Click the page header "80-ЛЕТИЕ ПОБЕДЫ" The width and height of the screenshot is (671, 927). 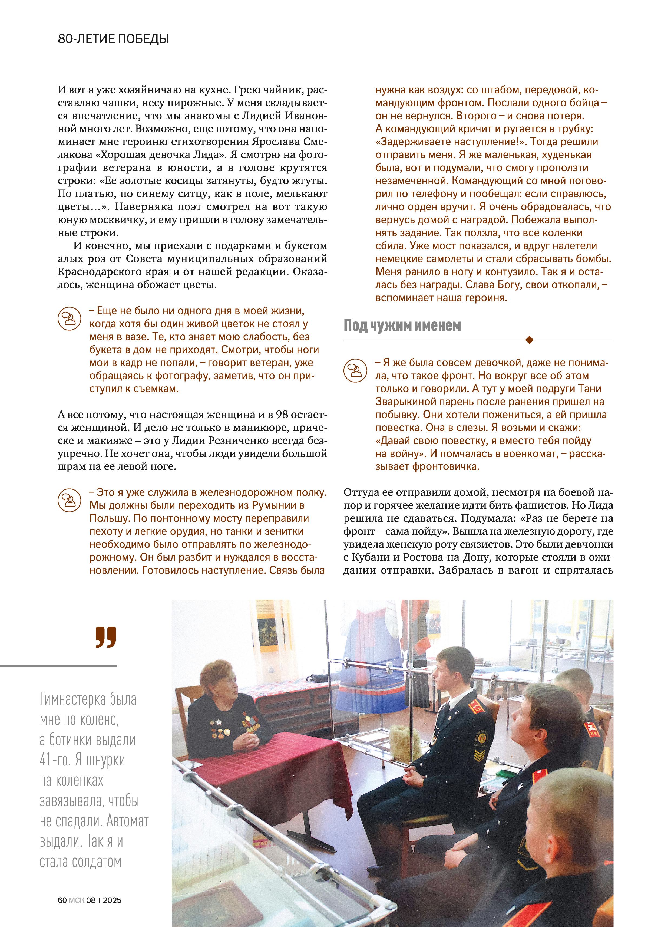point(113,39)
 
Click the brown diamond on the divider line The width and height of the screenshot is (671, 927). point(529,340)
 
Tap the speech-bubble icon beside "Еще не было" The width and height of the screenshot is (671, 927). point(70,318)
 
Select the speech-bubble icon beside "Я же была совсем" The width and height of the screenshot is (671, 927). point(355,370)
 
